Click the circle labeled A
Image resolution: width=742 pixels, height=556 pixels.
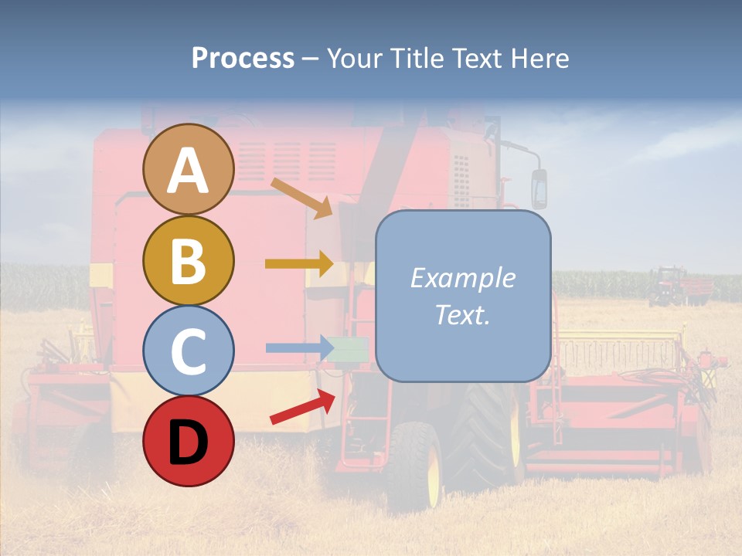[188, 169]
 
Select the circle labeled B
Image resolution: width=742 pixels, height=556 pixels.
[188, 260]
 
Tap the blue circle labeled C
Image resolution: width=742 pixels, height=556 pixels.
[188, 351]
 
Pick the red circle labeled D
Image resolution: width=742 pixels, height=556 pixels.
[188, 441]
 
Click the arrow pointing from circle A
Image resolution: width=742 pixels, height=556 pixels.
[301, 198]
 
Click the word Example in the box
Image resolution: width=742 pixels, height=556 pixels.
[462, 278]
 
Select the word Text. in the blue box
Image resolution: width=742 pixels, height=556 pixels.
[462, 314]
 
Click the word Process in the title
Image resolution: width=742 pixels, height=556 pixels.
[243, 58]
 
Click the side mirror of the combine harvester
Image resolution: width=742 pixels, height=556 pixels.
[539, 188]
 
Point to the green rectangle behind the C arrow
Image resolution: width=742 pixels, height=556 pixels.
[352, 349]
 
